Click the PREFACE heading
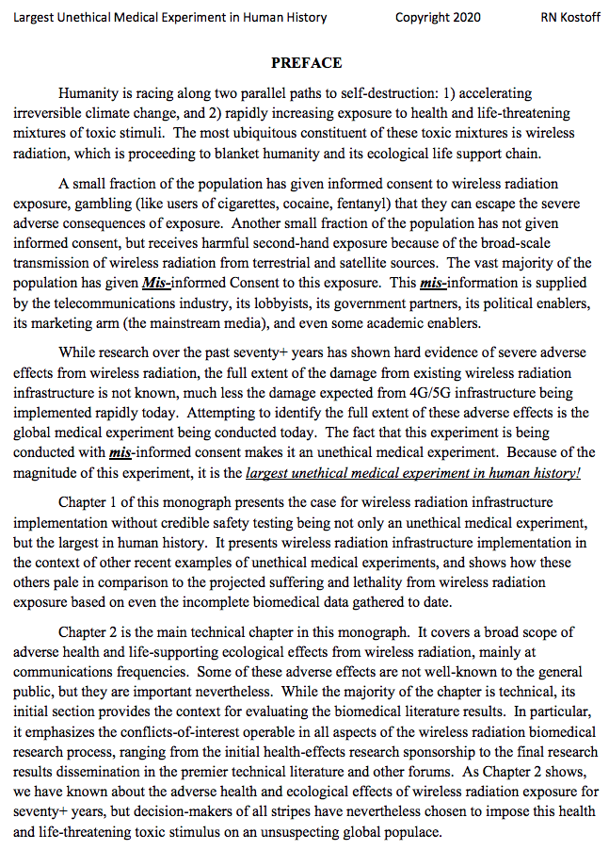pyautogui.click(x=306, y=63)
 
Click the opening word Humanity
pyautogui.click(x=90, y=93)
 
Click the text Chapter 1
pyautogui.click(x=90, y=502)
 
